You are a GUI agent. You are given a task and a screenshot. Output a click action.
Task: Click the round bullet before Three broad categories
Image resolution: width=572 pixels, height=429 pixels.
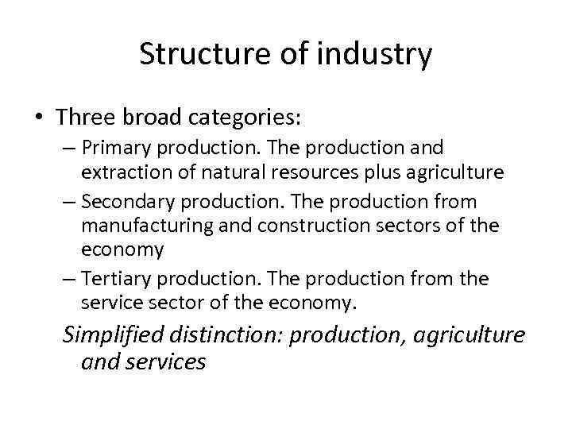(37, 118)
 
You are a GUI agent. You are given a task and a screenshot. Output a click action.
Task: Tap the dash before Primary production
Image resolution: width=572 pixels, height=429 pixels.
(70, 149)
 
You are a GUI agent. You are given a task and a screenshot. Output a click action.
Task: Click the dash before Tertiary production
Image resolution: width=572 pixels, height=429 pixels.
(70, 280)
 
